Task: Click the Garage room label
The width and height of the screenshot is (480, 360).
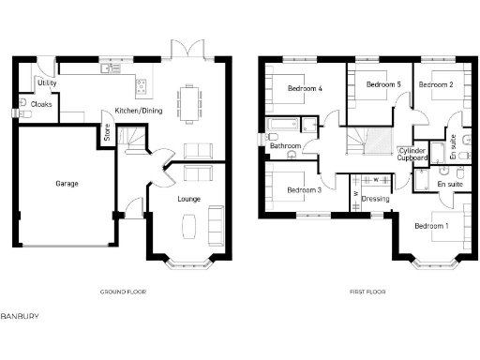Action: pyautogui.click(x=67, y=184)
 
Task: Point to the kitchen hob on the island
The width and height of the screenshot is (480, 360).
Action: pyautogui.click(x=142, y=88)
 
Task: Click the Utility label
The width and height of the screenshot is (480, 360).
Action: pyautogui.click(x=47, y=83)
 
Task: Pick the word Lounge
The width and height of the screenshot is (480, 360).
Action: pyautogui.click(x=189, y=199)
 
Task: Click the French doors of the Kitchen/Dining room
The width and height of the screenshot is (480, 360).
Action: pyautogui.click(x=181, y=49)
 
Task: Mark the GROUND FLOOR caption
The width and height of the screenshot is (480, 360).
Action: pyautogui.click(x=126, y=292)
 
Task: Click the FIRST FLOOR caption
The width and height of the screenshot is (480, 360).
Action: pyautogui.click(x=368, y=292)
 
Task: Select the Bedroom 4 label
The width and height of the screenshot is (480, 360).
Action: pyautogui.click(x=305, y=89)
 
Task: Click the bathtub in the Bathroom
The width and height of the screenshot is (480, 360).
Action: pyautogui.click(x=280, y=125)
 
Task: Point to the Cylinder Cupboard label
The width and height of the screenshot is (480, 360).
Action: pyautogui.click(x=413, y=154)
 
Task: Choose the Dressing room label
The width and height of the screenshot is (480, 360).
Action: pyautogui.click(x=376, y=199)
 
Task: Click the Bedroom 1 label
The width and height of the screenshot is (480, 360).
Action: pyautogui.click(x=432, y=226)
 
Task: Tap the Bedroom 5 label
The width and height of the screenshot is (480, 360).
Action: pyautogui.click(x=383, y=84)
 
